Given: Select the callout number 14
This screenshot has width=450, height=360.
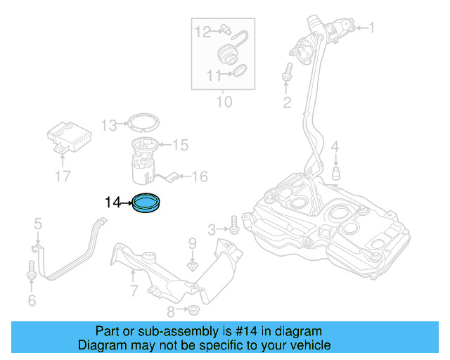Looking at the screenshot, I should (x=113, y=203).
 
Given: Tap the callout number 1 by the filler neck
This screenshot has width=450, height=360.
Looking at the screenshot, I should (x=372, y=29).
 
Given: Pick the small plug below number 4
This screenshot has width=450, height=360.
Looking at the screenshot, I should (x=336, y=173).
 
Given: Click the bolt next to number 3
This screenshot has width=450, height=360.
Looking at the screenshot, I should (x=233, y=229).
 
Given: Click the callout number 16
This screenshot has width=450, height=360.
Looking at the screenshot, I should (x=200, y=176).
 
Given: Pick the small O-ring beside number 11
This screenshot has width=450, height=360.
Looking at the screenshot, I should (x=239, y=70).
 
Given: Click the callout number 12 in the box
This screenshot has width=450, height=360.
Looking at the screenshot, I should (x=202, y=31).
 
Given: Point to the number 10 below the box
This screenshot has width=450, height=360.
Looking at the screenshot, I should (x=223, y=103).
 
